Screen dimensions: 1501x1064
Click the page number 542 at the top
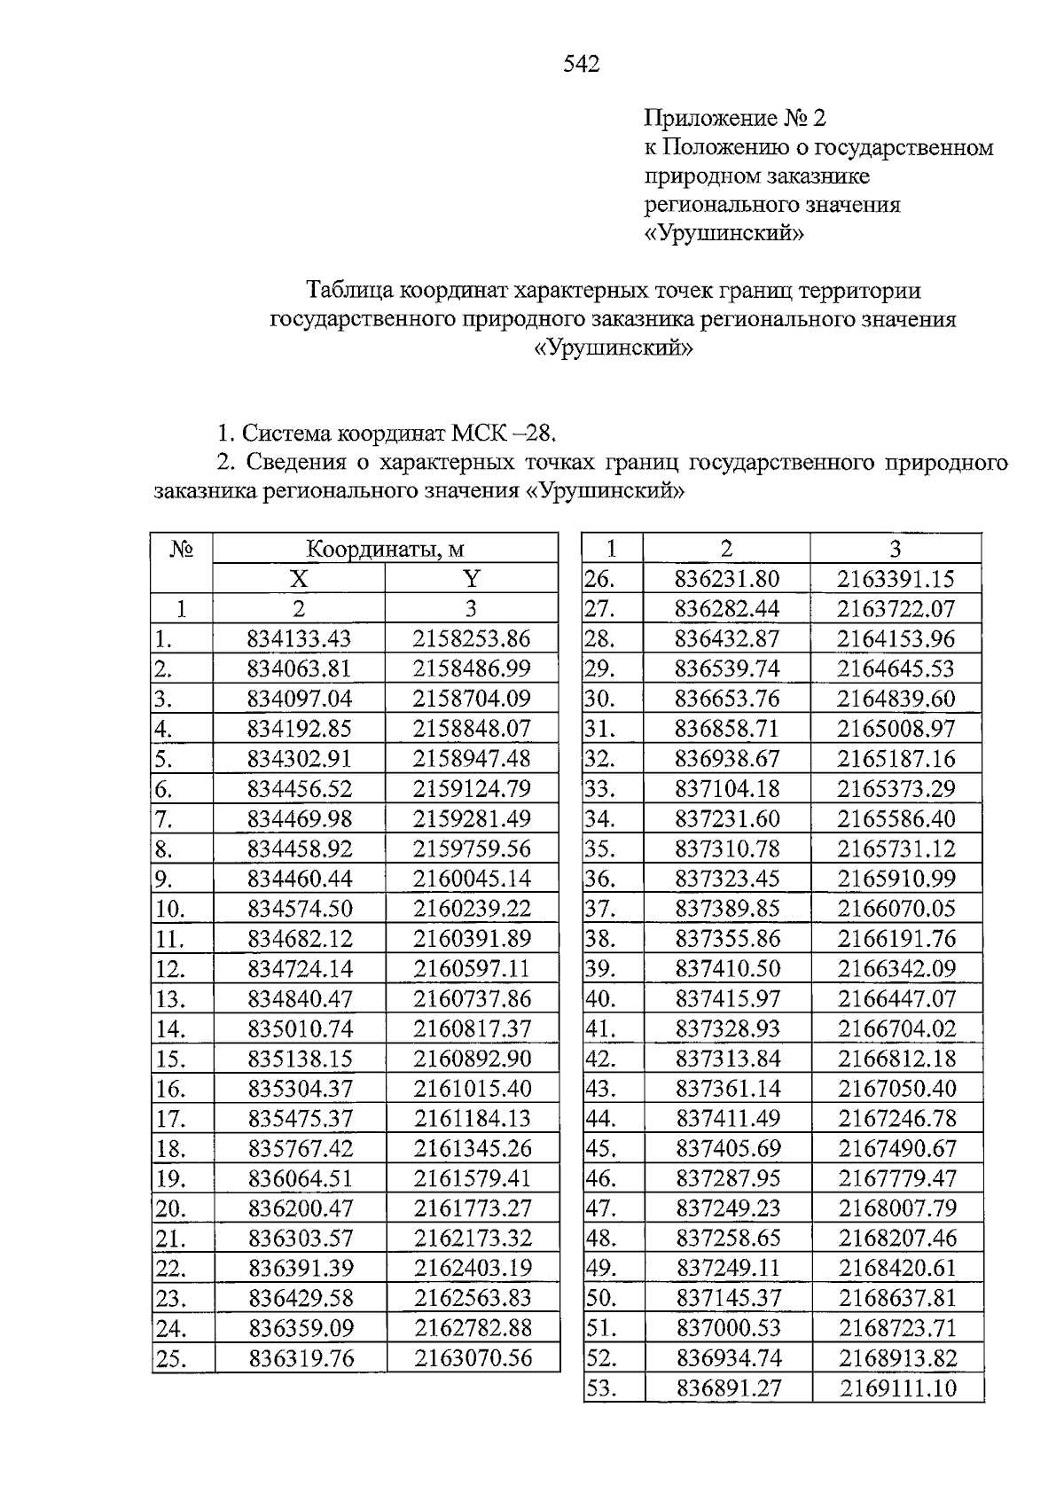pyautogui.click(x=582, y=64)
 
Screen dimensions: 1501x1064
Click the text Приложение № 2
pyautogui.click(x=735, y=117)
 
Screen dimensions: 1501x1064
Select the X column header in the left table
pyautogui.click(x=299, y=579)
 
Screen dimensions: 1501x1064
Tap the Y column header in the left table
pyautogui.click(x=472, y=579)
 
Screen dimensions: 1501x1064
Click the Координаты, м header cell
pyautogui.click(x=385, y=549)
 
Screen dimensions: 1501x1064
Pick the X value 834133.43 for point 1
pyautogui.click(x=300, y=638)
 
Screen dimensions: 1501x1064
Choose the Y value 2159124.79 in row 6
pyautogui.click(x=472, y=788)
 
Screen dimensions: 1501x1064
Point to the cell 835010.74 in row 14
pyautogui.click(x=300, y=1028)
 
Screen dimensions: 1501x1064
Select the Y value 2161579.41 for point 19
pyautogui.click(x=472, y=1178)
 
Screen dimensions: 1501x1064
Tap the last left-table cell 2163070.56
pyautogui.click(x=473, y=1357)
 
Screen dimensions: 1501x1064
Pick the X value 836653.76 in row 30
pyautogui.click(x=727, y=699)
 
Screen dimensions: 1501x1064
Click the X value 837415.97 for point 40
pyautogui.click(x=728, y=998)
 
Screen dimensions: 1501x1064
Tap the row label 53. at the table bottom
pyautogui.click(x=600, y=1388)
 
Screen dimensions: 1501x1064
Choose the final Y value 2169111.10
pyautogui.click(x=898, y=1388)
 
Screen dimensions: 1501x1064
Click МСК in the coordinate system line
pyautogui.click(x=479, y=434)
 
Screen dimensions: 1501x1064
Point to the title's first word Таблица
pyautogui.click(x=350, y=290)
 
